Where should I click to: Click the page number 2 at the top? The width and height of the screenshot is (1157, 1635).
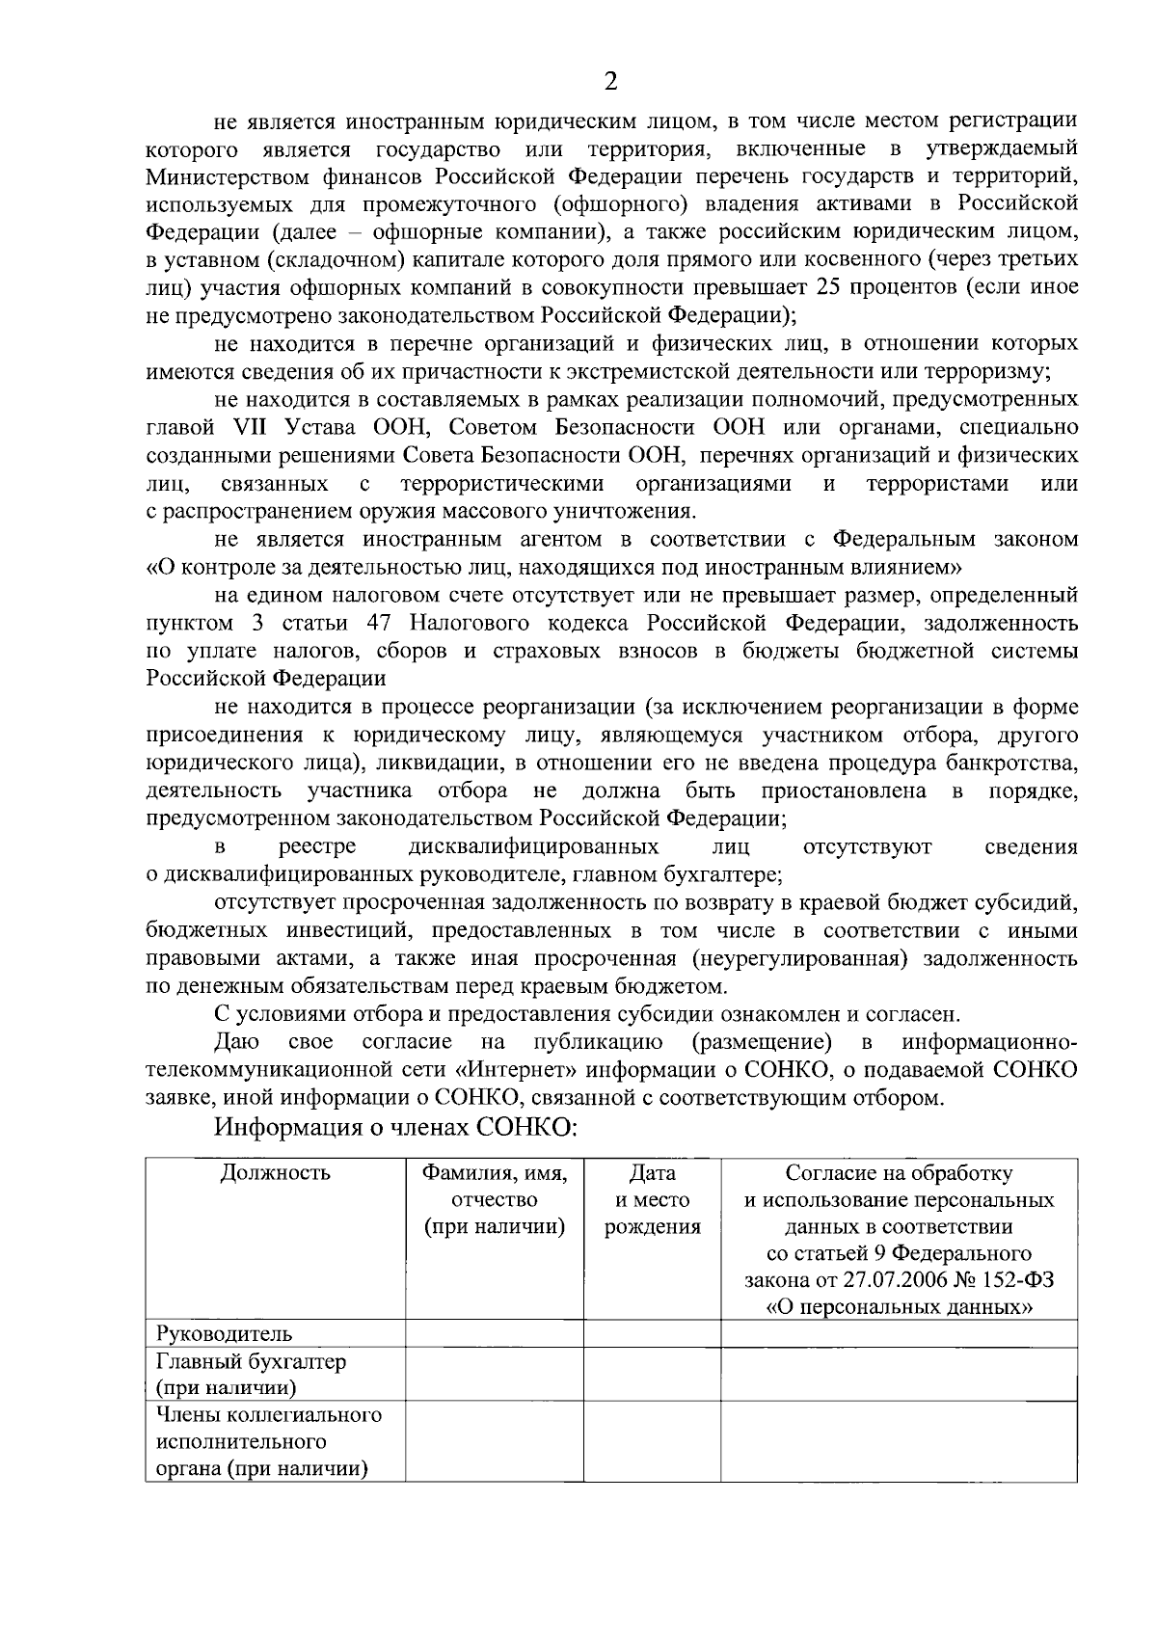point(609,81)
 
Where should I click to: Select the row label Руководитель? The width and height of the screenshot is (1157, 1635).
point(224,1334)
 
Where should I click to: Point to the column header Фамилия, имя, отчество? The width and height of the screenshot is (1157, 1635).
point(495,1200)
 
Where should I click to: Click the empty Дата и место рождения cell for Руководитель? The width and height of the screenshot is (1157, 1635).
point(652,1334)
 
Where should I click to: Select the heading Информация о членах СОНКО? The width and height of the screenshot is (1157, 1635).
point(395,1127)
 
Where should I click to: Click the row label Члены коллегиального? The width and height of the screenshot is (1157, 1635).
point(269,1415)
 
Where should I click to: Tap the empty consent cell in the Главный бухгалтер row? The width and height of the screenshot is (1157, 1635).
point(899,1375)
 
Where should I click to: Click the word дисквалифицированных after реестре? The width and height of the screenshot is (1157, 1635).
point(534,846)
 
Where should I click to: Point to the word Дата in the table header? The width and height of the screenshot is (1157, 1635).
point(652,1173)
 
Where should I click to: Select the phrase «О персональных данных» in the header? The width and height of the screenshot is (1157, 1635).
point(899,1308)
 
